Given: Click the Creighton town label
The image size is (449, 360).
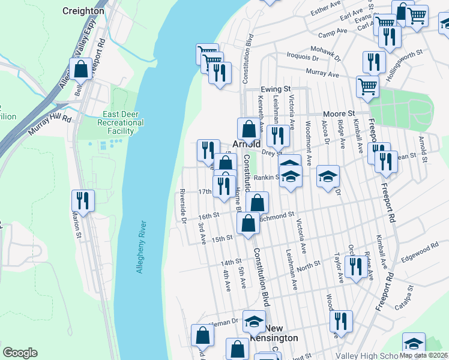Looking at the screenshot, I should click(83, 11).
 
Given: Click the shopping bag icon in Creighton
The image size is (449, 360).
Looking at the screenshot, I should click(80, 69).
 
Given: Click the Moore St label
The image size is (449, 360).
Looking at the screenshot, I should click(339, 113).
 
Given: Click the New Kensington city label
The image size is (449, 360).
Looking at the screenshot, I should click(282, 333).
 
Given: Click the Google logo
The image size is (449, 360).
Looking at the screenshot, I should click(20, 352).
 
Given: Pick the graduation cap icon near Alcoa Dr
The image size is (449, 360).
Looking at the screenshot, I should click(328, 176).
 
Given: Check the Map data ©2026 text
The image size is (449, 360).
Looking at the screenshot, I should click(423, 355).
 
